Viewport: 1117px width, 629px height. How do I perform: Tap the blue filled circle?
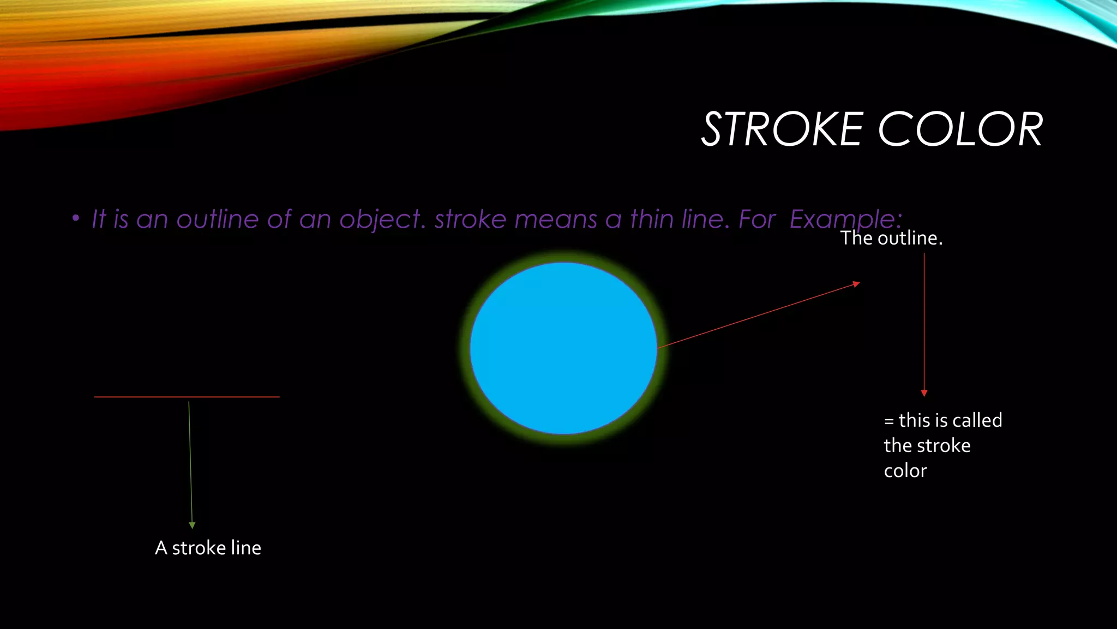coord(563,348)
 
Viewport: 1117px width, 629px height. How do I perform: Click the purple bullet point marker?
coord(76,219)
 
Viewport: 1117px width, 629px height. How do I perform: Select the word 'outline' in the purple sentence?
coord(217,219)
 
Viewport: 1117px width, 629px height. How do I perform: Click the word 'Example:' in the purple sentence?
coord(845,219)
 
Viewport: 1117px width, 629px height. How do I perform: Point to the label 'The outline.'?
coord(891,238)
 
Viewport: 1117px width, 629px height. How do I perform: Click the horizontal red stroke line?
coord(187,397)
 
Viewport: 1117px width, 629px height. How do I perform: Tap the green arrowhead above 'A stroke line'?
coord(192,525)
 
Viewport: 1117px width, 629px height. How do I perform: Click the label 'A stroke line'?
coord(208,548)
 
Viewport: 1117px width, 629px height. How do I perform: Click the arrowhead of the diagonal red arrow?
coord(856,284)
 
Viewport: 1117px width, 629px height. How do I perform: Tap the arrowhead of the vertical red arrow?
coord(924,393)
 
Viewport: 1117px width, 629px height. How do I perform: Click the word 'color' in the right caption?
coord(905,471)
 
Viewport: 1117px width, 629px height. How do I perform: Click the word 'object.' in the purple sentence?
coord(382,219)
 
